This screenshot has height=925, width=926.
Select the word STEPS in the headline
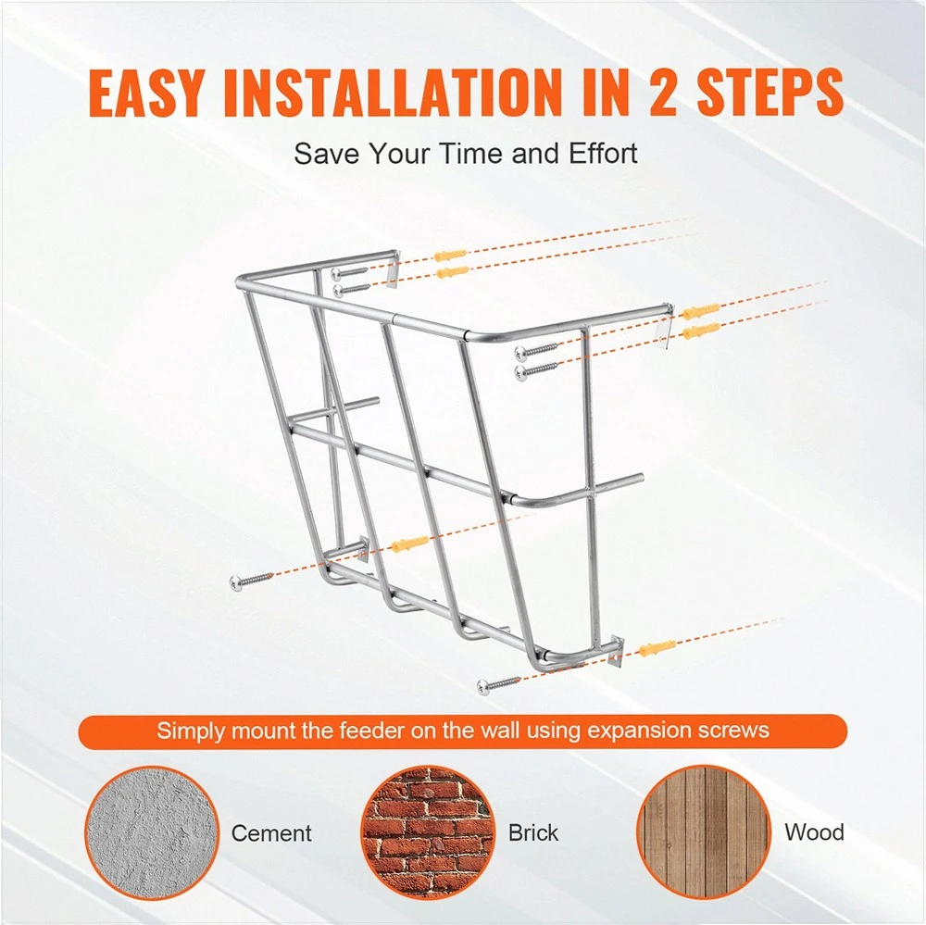pyautogui.click(x=770, y=93)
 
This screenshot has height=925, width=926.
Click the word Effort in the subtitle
pyautogui.click(x=603, y=154)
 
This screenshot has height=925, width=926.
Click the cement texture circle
pyautogui.click(x=151, y=833)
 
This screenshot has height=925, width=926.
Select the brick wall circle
pyautogui.click(x=427, y=833)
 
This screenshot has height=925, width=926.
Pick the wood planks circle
pyautogui.click(x=704, y=833)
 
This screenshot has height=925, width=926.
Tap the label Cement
pyautogui.click(x=271, y=832)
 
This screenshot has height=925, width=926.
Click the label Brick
pyautogui.click(x=533, y=832)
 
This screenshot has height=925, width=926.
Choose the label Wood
pyautogui.click(x=814, y=832)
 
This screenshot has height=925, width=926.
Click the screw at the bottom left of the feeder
pyautogui.click(x=252, y=580)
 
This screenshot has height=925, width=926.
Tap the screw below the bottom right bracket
pyautogui.click(x=500, y=683)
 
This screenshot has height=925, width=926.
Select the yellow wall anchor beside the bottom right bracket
pyautogui.click(x=657, y=648)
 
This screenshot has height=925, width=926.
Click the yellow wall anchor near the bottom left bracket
pyautogui.click(x=409, y=544)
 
